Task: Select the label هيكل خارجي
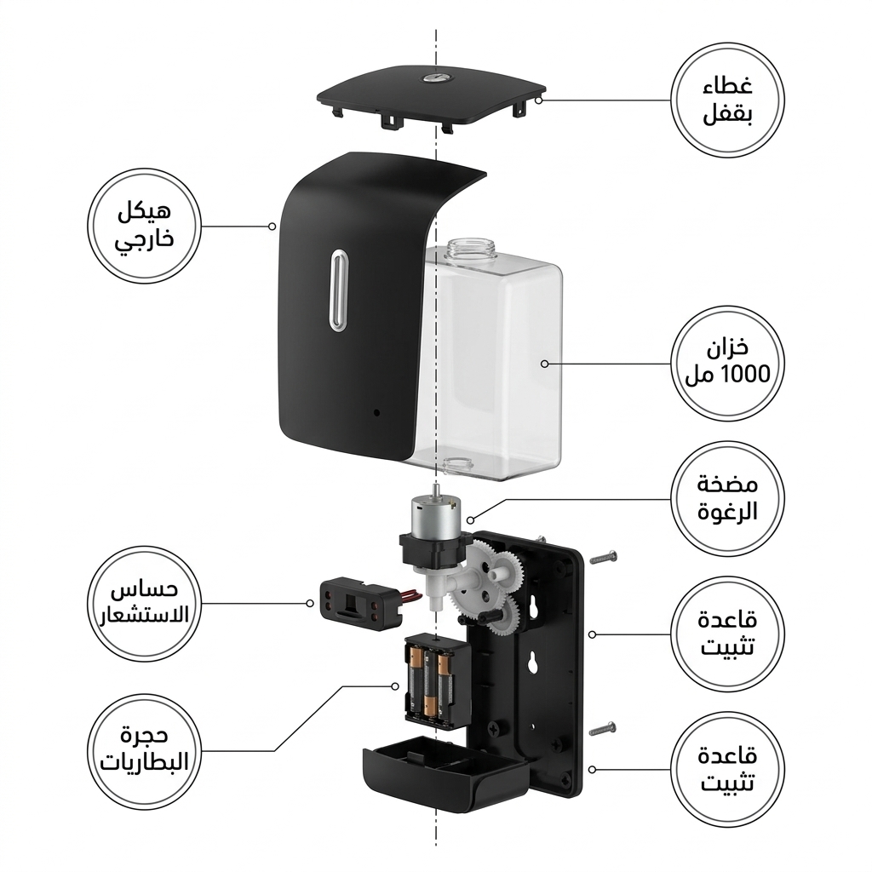pos(144,227)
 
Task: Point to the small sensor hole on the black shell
pos(376,413)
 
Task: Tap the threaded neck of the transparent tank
pos(470,249)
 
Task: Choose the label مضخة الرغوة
pos(727,498)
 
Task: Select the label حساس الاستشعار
pos(144,604)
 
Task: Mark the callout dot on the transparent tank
pos(544,364)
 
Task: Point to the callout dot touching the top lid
pos(538,100)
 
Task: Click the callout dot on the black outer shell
pos(272,227)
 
